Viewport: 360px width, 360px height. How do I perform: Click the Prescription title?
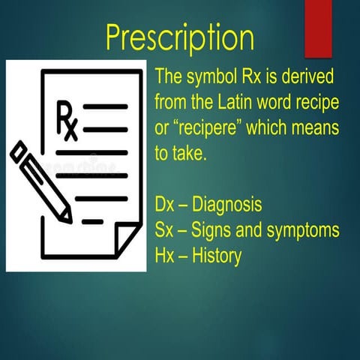pyautogui.click(x=180, y=35)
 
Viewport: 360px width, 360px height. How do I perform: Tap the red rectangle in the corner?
pyautogui.click(x=318, y=27)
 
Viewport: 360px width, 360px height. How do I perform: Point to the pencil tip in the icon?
pyautogui.click(x=68, y=218)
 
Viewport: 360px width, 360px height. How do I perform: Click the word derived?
pyautogui.click(x=308, y=76)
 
